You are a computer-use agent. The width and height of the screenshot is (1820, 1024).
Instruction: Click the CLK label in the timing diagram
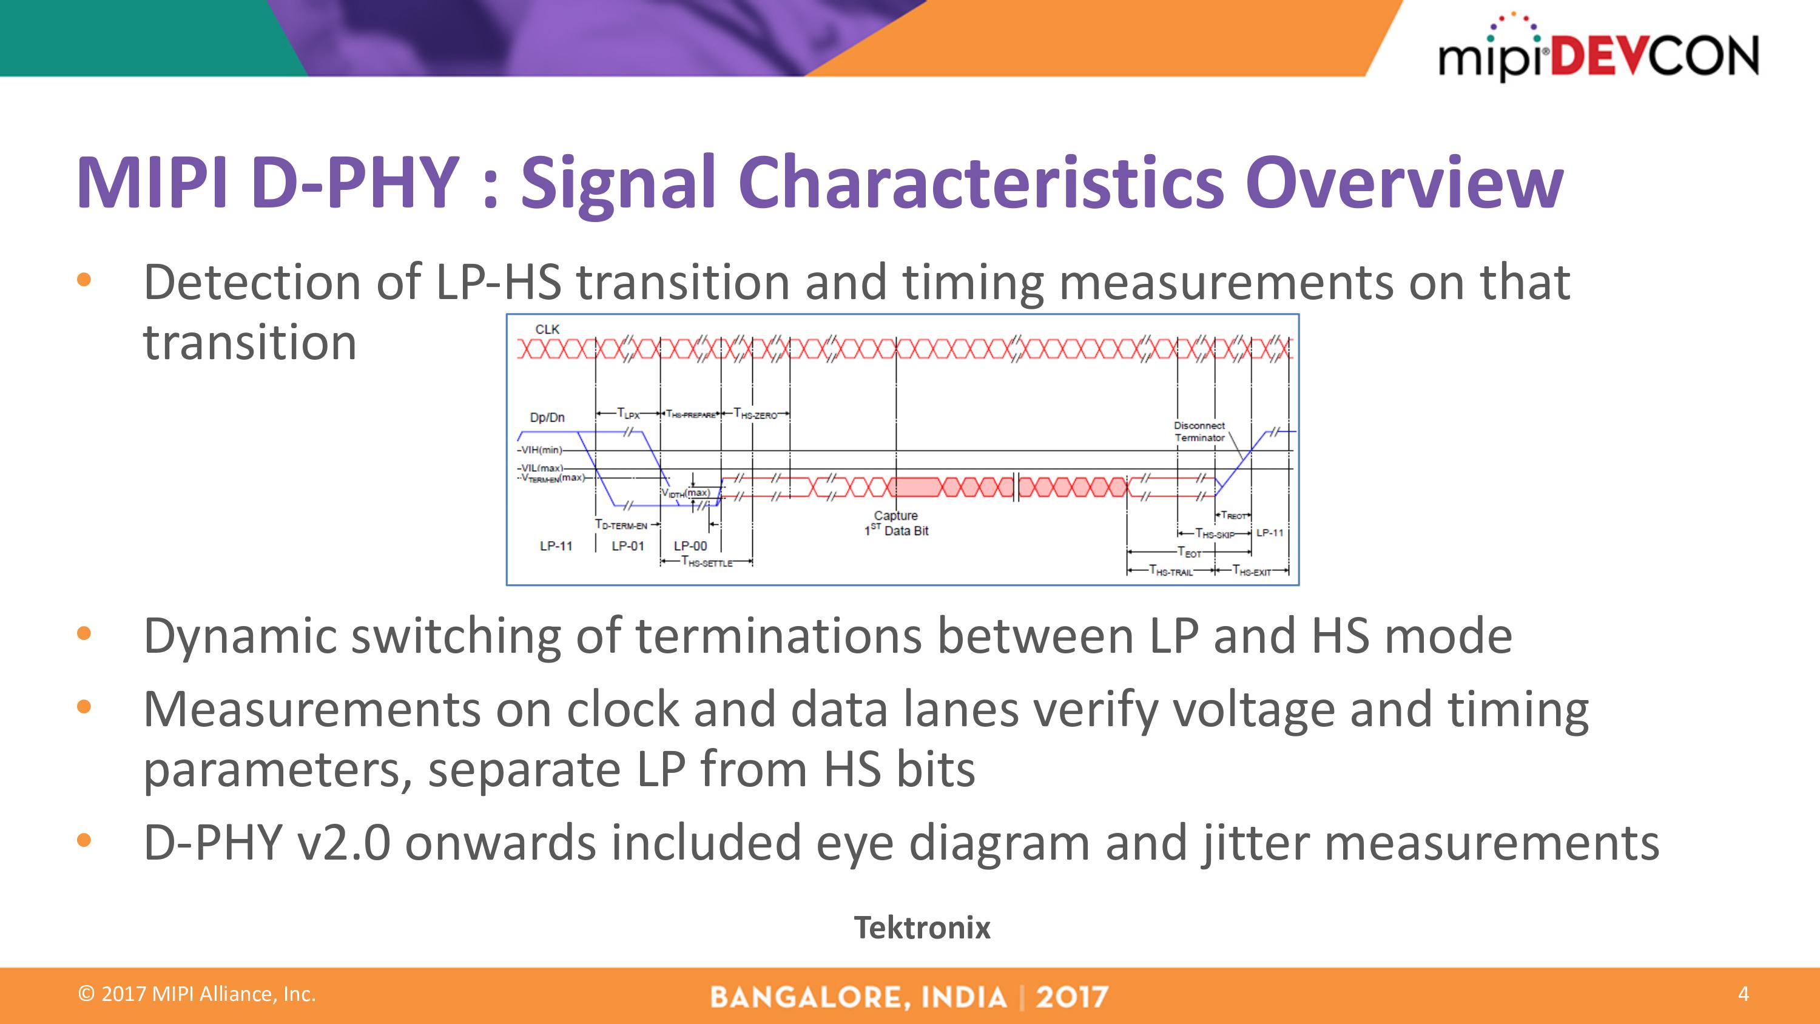coord(547,329)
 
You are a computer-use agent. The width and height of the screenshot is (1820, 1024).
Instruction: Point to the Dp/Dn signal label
coord(547,417)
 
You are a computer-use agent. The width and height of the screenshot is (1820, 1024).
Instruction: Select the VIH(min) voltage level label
coord(541,450)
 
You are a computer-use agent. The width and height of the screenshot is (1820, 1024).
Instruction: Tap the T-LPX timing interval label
coord(627,413)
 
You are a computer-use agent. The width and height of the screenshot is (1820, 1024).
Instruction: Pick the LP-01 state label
coord(627,546)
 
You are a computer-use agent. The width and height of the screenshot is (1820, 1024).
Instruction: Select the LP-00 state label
coord(690,546)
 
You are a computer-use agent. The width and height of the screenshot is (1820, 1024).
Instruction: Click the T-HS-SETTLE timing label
coord(707,562)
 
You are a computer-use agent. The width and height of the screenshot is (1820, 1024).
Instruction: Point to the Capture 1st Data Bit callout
coord(896,524)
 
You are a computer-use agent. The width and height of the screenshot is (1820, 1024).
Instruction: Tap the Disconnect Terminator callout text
coord(1199,432)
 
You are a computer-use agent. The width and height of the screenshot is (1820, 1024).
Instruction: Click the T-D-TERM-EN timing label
coord(621,525)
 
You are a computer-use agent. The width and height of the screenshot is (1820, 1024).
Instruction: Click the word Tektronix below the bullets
coord(922,928)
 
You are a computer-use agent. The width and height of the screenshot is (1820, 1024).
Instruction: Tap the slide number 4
coord(1743,994)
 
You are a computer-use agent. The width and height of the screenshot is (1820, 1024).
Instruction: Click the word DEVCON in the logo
coord(1653,56)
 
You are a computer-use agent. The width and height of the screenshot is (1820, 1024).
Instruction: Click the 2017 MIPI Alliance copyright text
coord(197,994)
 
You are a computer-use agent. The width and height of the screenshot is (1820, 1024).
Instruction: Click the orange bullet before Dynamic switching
coord(84,633)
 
